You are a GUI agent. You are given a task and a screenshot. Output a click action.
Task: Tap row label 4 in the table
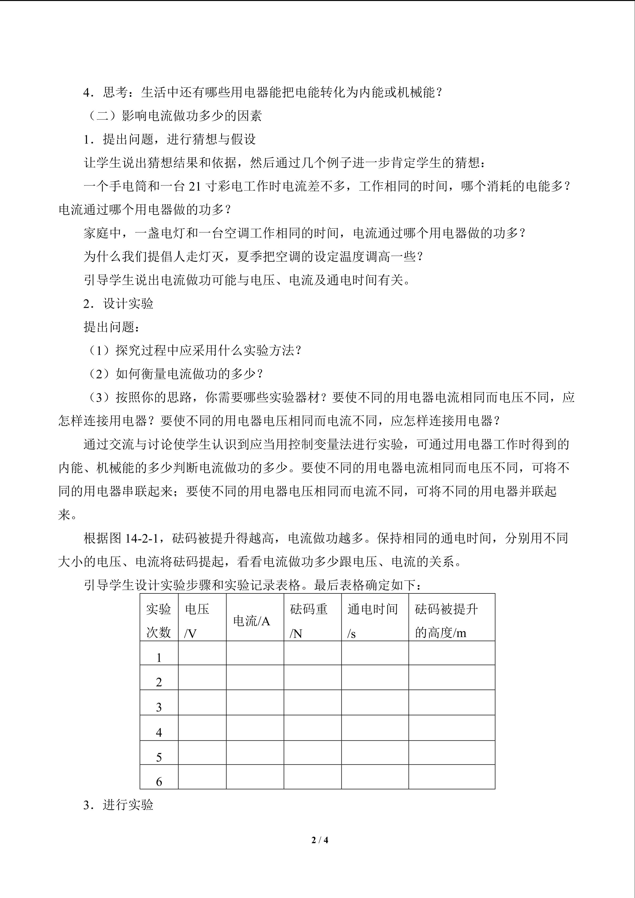[x=159, y=732]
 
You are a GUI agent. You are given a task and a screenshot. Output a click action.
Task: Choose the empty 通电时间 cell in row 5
[x=375, y=752]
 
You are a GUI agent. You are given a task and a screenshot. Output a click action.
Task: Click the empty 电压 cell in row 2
[x=202, y=677]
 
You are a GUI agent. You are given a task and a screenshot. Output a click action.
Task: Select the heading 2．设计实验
[x=118, y=304]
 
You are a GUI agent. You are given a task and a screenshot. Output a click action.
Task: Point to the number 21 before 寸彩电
[x=194, y=187]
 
